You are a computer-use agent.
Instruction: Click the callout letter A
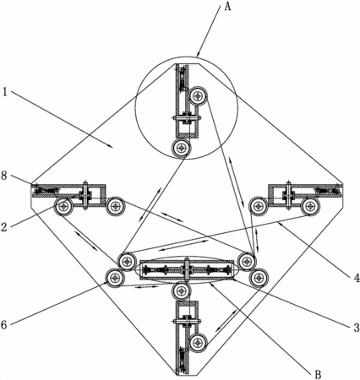227,6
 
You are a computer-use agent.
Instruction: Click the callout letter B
318,374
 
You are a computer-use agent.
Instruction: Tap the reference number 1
4,92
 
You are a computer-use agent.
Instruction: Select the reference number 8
3,176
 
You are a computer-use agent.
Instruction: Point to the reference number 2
3,226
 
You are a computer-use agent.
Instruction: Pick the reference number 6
3,325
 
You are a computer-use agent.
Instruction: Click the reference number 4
357,278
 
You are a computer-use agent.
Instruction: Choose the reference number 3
357,328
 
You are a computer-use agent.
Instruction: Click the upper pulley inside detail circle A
199,96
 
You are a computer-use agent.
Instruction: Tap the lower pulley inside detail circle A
182,148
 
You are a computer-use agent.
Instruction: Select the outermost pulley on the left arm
64,206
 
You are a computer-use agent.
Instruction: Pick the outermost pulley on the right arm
311,207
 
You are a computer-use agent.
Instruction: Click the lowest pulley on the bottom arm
199,343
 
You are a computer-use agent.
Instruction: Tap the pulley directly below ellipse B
182,292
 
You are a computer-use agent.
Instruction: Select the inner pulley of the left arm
116,206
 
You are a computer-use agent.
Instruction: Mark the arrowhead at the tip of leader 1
111,146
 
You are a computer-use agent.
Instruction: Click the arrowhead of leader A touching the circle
199,54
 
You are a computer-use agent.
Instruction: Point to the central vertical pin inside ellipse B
187,269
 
